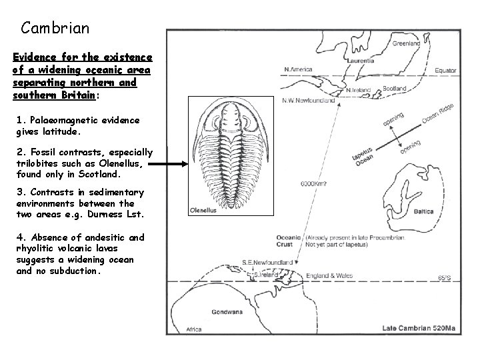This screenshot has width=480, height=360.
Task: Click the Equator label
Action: (446, 70)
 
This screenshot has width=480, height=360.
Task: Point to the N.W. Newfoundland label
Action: (309, 101)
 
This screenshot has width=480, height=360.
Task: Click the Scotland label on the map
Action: (395, 88)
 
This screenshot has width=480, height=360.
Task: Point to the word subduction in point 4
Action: (75, 271)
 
